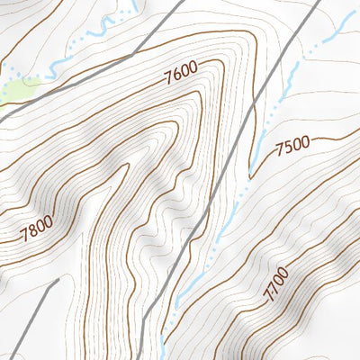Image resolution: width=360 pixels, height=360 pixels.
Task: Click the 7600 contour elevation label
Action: [181, 76]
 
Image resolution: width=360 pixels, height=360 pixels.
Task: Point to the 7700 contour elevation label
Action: [276, 283]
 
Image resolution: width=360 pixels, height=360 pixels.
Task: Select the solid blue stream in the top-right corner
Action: [337, 27]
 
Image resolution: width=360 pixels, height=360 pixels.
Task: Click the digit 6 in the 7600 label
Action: [177, 77]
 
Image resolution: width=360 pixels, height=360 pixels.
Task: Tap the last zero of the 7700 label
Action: [284, 270]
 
